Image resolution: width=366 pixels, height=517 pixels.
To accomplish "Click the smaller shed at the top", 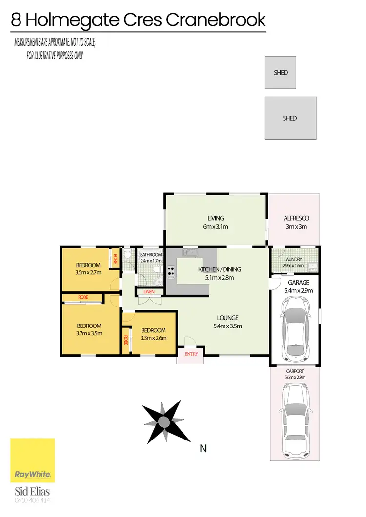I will [x=280, y=73].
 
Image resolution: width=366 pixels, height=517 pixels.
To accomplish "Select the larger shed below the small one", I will [x=290, y=118].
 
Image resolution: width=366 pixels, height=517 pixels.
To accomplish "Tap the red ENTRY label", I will [x=191, y=354].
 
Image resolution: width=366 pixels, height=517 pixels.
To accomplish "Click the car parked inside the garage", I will [x=295, y=327].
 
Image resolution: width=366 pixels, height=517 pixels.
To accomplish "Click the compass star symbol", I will [x=165, y=420].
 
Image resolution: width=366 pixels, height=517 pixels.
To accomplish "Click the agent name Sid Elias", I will [x=33, y=491].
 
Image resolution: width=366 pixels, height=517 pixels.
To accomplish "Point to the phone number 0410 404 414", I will [x=33, y=500].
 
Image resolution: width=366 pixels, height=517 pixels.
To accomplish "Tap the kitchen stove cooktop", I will [x=171, y=271].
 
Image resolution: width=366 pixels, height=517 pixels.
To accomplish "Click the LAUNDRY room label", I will [x=293, y=260].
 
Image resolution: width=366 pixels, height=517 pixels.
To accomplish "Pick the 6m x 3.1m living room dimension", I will [x=215, y=227].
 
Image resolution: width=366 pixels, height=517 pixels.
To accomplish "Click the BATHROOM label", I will [x=151, y=255].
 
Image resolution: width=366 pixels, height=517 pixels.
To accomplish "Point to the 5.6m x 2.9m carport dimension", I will [x=295, y=377].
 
